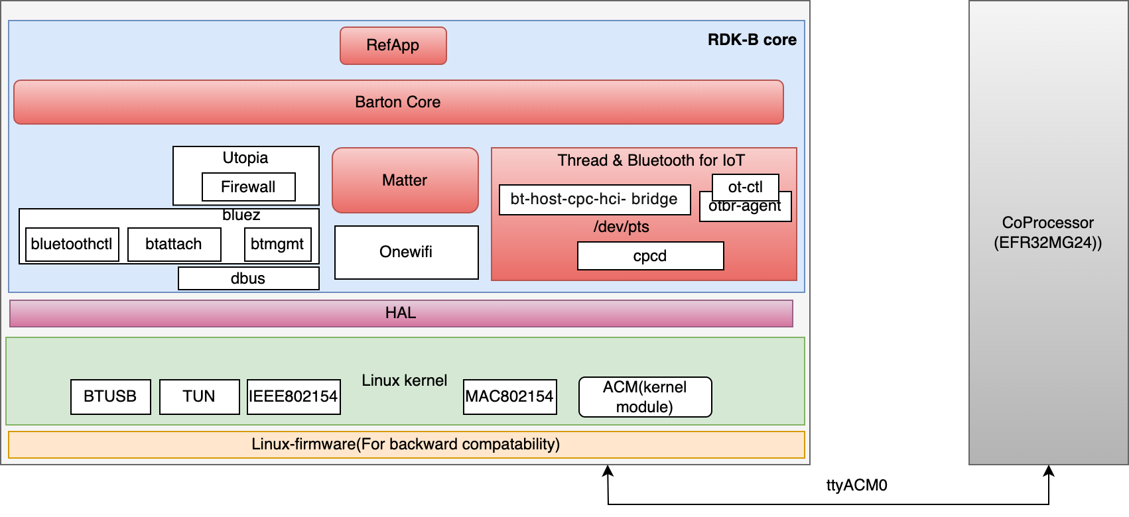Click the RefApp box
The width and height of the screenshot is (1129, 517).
point(393,46)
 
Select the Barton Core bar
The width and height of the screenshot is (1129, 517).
point(398,102)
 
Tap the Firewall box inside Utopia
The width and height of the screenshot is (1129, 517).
point(248,187)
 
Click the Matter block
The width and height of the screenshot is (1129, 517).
point(405,180)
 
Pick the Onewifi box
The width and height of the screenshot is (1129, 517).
point(406,252)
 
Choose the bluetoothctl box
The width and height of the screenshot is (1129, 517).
point(72,244)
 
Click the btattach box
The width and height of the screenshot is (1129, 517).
point(174,244)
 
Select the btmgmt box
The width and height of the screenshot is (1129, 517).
point(277,244)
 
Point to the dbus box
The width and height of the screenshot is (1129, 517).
point(248,278)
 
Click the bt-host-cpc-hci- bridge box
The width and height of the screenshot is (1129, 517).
point(594,200)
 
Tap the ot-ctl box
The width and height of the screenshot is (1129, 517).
point(745,186)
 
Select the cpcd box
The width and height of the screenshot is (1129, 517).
point(650,256)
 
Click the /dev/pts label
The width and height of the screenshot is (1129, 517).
point(621,227)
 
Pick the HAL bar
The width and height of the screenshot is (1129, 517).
point(401,313)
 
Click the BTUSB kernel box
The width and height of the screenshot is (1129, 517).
point(110,396)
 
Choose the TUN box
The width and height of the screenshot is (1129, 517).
point(199,396)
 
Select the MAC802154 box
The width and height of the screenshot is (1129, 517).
point(509,396)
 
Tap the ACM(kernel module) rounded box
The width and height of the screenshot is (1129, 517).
point(645,397)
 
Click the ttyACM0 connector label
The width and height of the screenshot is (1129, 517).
point(856,485)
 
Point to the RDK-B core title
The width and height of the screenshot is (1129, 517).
point(752,40)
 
